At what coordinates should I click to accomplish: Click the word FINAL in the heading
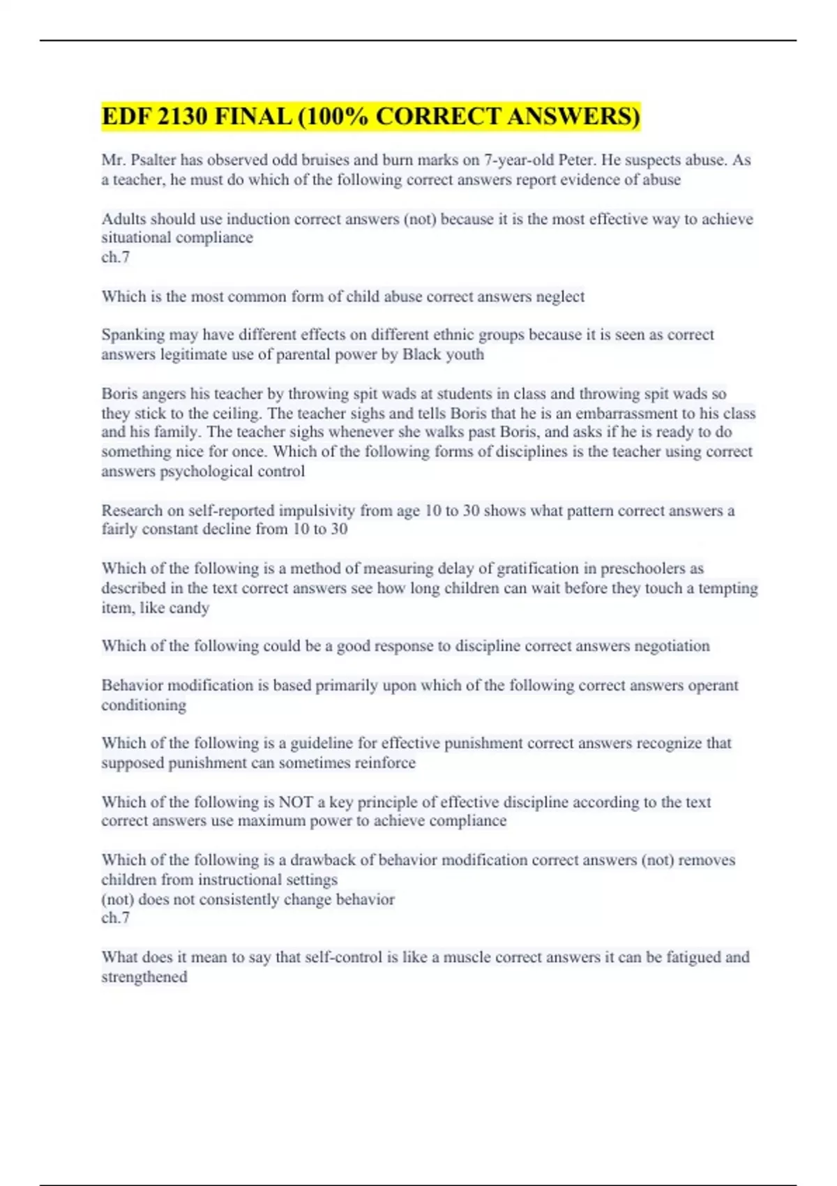[x=253, y=117]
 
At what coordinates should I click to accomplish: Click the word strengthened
[x=144, y=977]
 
